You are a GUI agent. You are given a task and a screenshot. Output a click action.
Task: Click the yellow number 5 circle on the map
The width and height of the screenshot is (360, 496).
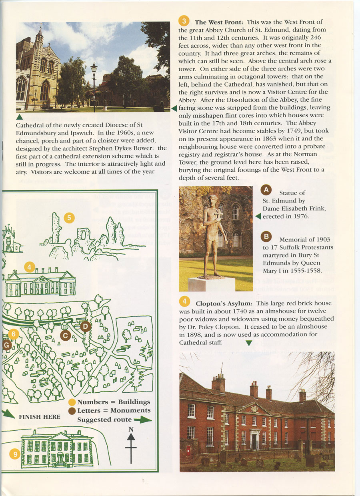point(69,218)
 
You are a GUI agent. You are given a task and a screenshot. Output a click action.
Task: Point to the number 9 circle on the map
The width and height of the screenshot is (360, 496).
point(15,454)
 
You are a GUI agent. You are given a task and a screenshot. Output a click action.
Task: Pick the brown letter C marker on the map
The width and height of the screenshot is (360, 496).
point(65,335)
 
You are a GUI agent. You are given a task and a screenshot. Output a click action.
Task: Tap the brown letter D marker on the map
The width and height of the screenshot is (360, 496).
point(85,327)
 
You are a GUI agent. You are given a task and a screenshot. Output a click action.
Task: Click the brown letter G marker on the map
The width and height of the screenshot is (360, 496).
point(6,345)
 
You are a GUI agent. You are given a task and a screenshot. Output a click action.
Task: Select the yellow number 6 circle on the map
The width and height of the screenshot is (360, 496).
point(14,333)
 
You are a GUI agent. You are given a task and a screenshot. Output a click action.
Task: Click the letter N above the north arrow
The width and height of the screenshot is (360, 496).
point(131,430)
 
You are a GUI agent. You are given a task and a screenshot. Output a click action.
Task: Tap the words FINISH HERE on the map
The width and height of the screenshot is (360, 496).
point(40,417)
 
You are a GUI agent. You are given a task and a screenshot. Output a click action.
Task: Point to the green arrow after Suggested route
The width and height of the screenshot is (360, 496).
point(143,420)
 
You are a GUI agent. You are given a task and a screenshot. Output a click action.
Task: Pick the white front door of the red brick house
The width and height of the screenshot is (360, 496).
point(254,440)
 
